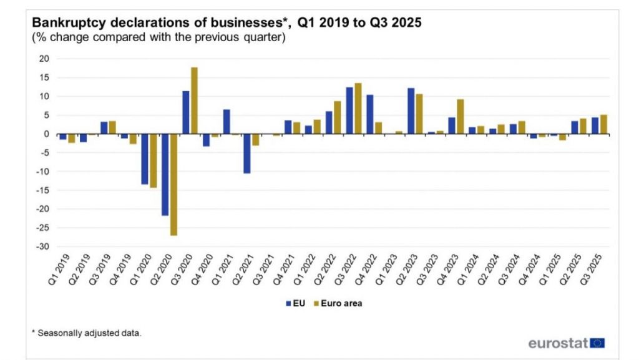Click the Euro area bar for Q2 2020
click(x=173, y=185)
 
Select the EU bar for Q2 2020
click(x=165, y=175)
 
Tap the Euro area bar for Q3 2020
click(x=194, y=100)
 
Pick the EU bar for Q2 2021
click(x=247, y=153)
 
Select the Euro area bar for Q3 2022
click(x=358, y=109)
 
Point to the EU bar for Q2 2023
click(x=411, y=111)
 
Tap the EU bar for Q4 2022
click(x=370, y=114)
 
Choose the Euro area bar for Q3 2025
click(x=603, y=124)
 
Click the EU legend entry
click(x=295, y=303)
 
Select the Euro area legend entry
click(x=338, y=303)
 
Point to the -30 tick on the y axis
click(x=43, y=246)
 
